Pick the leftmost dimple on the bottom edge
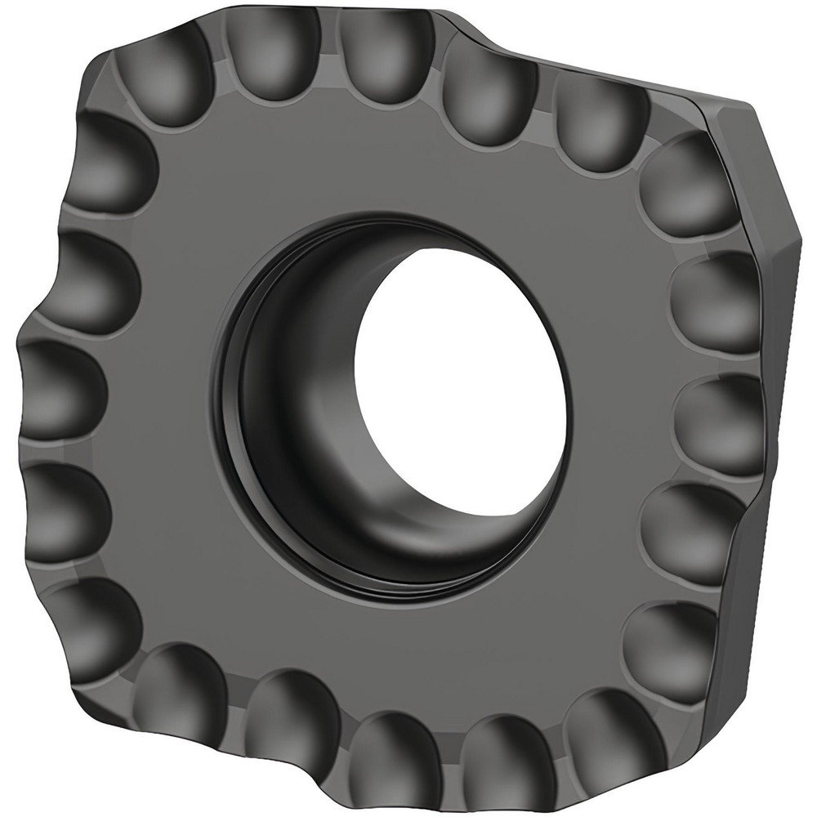pyautogui.click(x=176, y=690)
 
